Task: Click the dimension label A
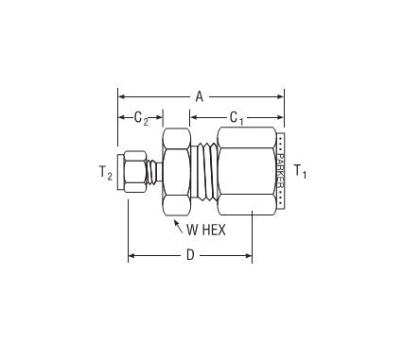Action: pos(199,96)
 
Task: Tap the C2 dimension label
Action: pos(141,118)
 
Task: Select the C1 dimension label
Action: pos(237,118)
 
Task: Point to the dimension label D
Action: pos(190,255)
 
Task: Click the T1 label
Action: pos(300,171)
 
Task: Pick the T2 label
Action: pos(106,173)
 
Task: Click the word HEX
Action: pos(214,231)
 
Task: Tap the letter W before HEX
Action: pos(192,231)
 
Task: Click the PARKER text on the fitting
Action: pos(280,170)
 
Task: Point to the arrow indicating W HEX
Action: pos(178,227)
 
